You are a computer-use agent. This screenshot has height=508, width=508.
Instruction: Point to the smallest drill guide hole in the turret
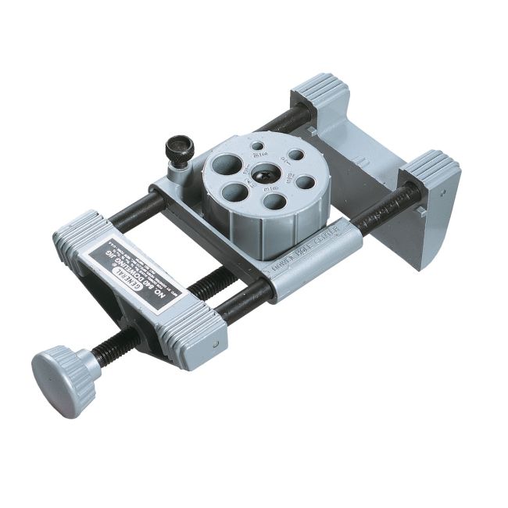(257, 146)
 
